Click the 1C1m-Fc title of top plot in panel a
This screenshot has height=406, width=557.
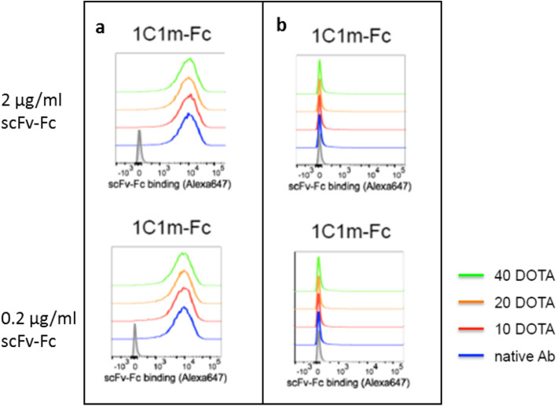click(188, 34)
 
